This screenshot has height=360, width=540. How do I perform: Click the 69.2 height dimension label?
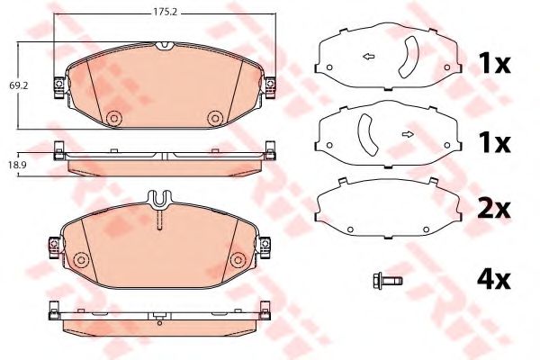click(x=17, y=85)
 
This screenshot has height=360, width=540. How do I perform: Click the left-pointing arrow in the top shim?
click(x=367, y=58)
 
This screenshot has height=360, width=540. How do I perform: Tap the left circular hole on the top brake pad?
click(x=113, y=118)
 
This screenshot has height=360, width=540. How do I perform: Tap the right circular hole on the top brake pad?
click(x=214, y=118)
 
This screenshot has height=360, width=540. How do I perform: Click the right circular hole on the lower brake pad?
click(x=238, y=260)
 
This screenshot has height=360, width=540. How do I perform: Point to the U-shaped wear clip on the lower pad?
click(x=158, y=198)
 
